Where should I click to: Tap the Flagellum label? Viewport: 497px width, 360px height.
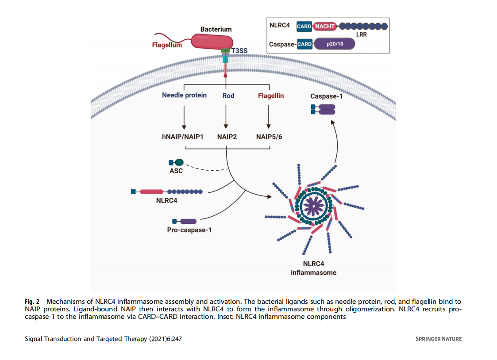[167, 45]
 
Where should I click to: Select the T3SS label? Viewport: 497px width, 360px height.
[239, 51]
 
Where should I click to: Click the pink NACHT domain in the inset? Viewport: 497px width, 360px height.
[324, 26]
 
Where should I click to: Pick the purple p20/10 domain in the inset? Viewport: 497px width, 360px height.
[334, 44]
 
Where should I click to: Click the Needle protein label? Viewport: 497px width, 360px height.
[184, 95]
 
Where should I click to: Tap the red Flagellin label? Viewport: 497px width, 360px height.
[271, 95]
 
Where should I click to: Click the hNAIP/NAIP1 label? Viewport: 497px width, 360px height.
[182, 137]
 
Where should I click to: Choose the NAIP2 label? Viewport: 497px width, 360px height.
[227, 137]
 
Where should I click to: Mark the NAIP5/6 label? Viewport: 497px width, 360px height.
[269, 137]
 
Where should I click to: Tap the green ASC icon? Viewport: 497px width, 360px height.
[178, 163]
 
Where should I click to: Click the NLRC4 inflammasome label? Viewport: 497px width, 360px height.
[313, 268]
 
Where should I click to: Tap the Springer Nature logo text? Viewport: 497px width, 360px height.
[438, 339]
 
